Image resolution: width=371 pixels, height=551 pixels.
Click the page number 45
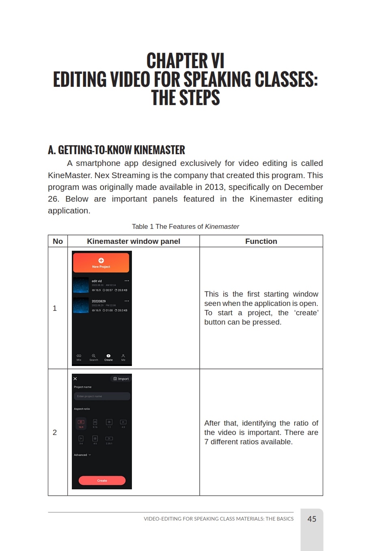[312, 519]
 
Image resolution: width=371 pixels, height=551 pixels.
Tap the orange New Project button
[101, 263]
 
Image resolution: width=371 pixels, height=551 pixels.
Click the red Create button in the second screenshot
[102, 480]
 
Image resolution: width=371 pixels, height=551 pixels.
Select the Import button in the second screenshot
[121, 379]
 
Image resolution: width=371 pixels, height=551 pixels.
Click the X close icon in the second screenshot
[75, 379]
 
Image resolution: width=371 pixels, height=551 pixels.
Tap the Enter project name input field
[102, 396]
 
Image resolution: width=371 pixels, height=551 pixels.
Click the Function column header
[261, 241]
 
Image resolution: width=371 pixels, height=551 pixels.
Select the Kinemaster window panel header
[133, 241]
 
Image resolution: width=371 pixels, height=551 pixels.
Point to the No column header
[58, 241]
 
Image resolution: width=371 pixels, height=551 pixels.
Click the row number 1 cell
[55, 308]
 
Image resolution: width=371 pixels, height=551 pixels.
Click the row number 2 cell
[55, 433]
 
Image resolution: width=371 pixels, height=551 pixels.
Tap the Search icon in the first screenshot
[93, 357]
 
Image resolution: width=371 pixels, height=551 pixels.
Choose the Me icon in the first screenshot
[123, 357]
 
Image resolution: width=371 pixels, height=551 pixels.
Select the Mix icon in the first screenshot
[79, 357]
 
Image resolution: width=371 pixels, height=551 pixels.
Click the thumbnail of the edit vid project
[81, 285]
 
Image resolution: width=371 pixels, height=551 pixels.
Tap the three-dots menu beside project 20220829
[127, 301]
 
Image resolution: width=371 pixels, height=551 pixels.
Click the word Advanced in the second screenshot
[81, 455]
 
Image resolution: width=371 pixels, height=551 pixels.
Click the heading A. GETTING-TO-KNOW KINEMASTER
[116, 151]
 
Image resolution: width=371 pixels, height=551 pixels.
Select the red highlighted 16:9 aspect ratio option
[81, 423]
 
